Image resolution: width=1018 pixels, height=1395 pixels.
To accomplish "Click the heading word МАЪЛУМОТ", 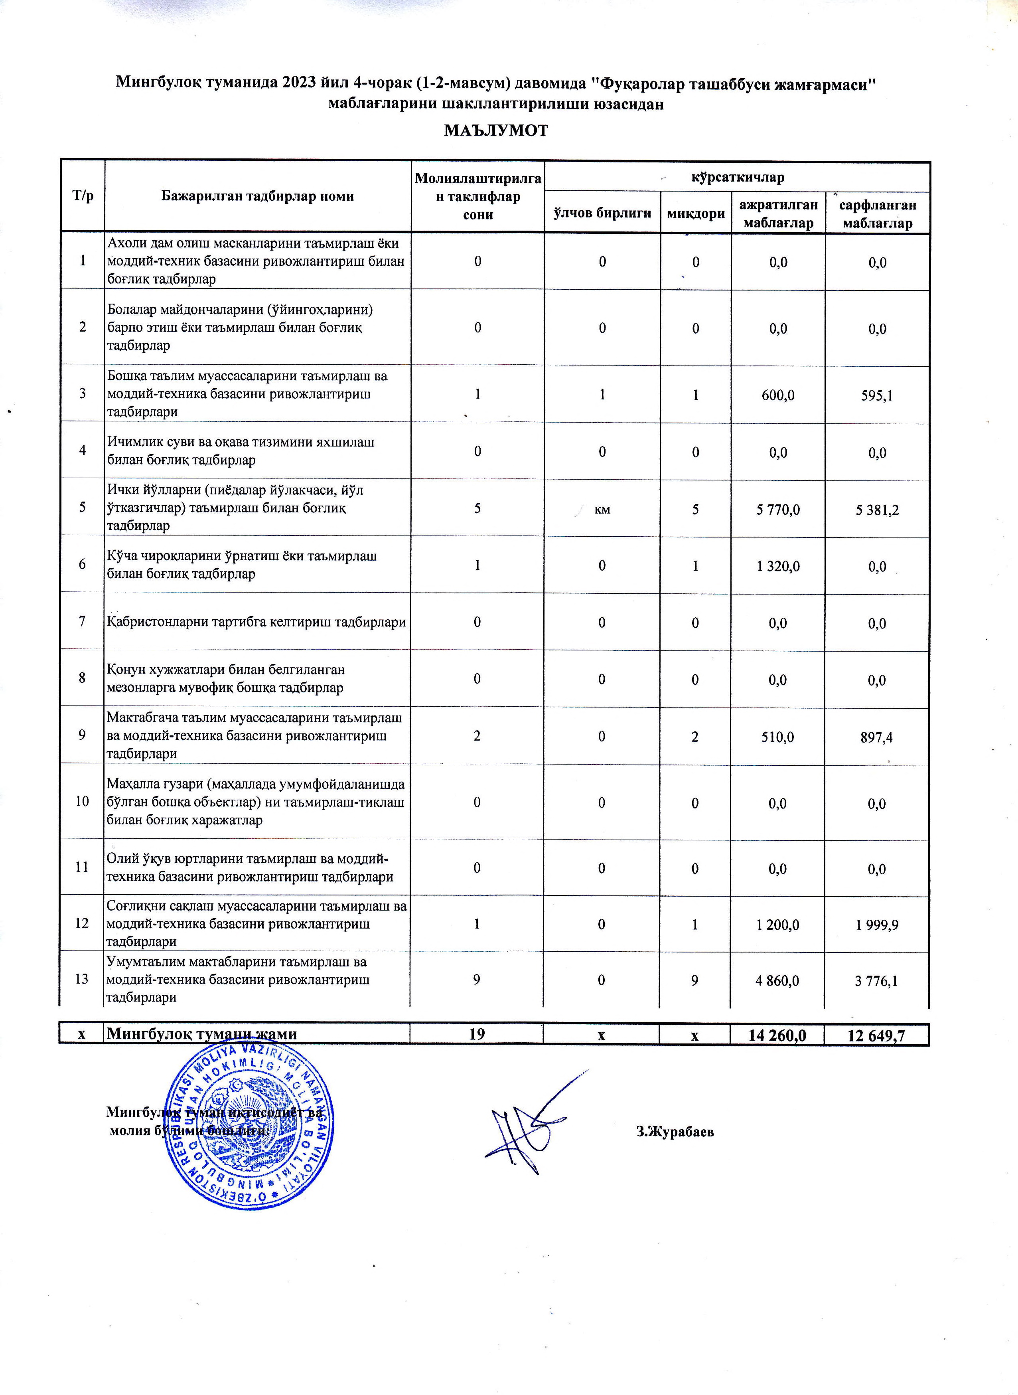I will [496, 131].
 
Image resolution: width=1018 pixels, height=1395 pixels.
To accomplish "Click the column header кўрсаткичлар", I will [737, 178].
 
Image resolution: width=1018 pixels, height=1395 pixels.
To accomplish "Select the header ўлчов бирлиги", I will [602, 213].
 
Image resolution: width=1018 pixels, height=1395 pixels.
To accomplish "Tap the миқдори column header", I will [696, 214].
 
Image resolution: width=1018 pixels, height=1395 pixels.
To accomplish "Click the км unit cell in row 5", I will [602, 509].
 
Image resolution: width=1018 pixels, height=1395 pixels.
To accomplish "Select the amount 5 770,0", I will [778, 509].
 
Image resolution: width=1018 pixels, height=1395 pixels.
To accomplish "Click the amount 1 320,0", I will [778, 566].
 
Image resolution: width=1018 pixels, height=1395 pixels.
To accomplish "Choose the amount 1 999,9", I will [877, 925].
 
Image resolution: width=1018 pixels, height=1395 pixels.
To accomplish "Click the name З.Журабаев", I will [675, 1131].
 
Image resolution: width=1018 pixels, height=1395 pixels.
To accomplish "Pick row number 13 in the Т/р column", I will [82, 979].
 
